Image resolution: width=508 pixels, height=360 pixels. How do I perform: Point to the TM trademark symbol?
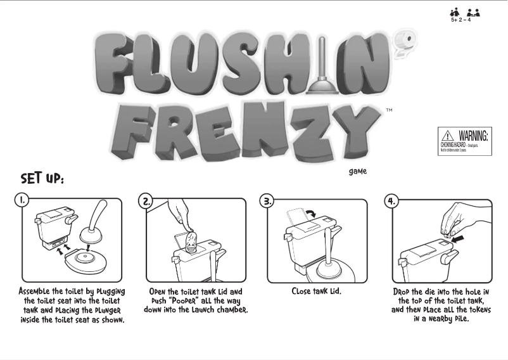point(388,110)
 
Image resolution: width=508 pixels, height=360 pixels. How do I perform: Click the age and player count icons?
point(464,14)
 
